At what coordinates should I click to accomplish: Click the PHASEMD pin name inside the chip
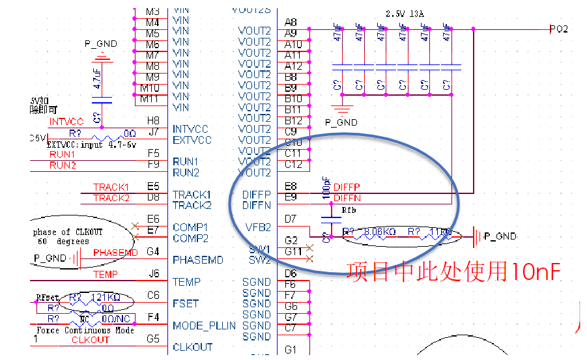(197, 260)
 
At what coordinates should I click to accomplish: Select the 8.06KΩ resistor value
(380, 231)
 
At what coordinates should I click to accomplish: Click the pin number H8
(153, 120)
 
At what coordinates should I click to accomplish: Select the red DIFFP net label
(347, 187)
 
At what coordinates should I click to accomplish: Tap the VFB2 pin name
(257, 227)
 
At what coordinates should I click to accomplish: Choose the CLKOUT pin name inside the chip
(193, 348)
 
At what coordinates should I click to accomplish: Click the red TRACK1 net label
(111, 187)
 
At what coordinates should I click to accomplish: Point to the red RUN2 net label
(63, 165)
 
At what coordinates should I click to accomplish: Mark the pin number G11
(293, 251)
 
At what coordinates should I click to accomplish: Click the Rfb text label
(349, 210)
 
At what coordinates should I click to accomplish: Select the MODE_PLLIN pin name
(204, 325)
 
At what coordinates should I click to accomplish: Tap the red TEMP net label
(106, 275)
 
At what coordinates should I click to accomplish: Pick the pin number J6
(154, 274)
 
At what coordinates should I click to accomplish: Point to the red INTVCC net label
(66, 122)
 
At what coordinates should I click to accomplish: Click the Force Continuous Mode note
(85, 330)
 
